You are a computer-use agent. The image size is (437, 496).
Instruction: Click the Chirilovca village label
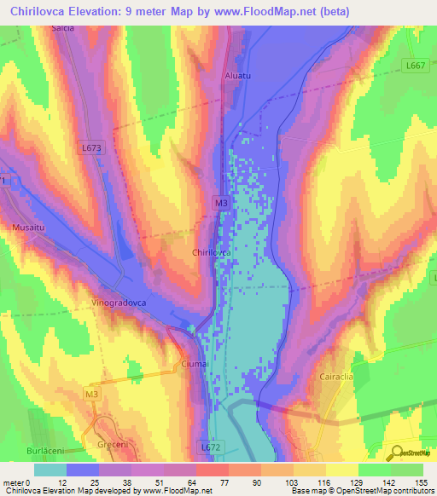tap(213, 253)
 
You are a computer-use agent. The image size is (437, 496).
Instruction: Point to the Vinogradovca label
tap(118, 303)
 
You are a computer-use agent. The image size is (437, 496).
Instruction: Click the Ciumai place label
tap(195, 364)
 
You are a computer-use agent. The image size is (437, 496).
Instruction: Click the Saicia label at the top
tap(63, 28)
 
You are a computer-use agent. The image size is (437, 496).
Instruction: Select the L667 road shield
tap(415, 66)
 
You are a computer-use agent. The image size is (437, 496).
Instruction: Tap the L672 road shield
tap(212, 446)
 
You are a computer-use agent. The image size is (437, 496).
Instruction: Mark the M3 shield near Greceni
tap(92, 394)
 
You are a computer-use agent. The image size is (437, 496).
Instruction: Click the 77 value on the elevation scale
tap(211, 482)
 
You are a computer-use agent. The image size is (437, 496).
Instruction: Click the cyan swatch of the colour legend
tap(50, 470)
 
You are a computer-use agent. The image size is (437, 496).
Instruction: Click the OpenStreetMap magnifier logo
tap(393, 453)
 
